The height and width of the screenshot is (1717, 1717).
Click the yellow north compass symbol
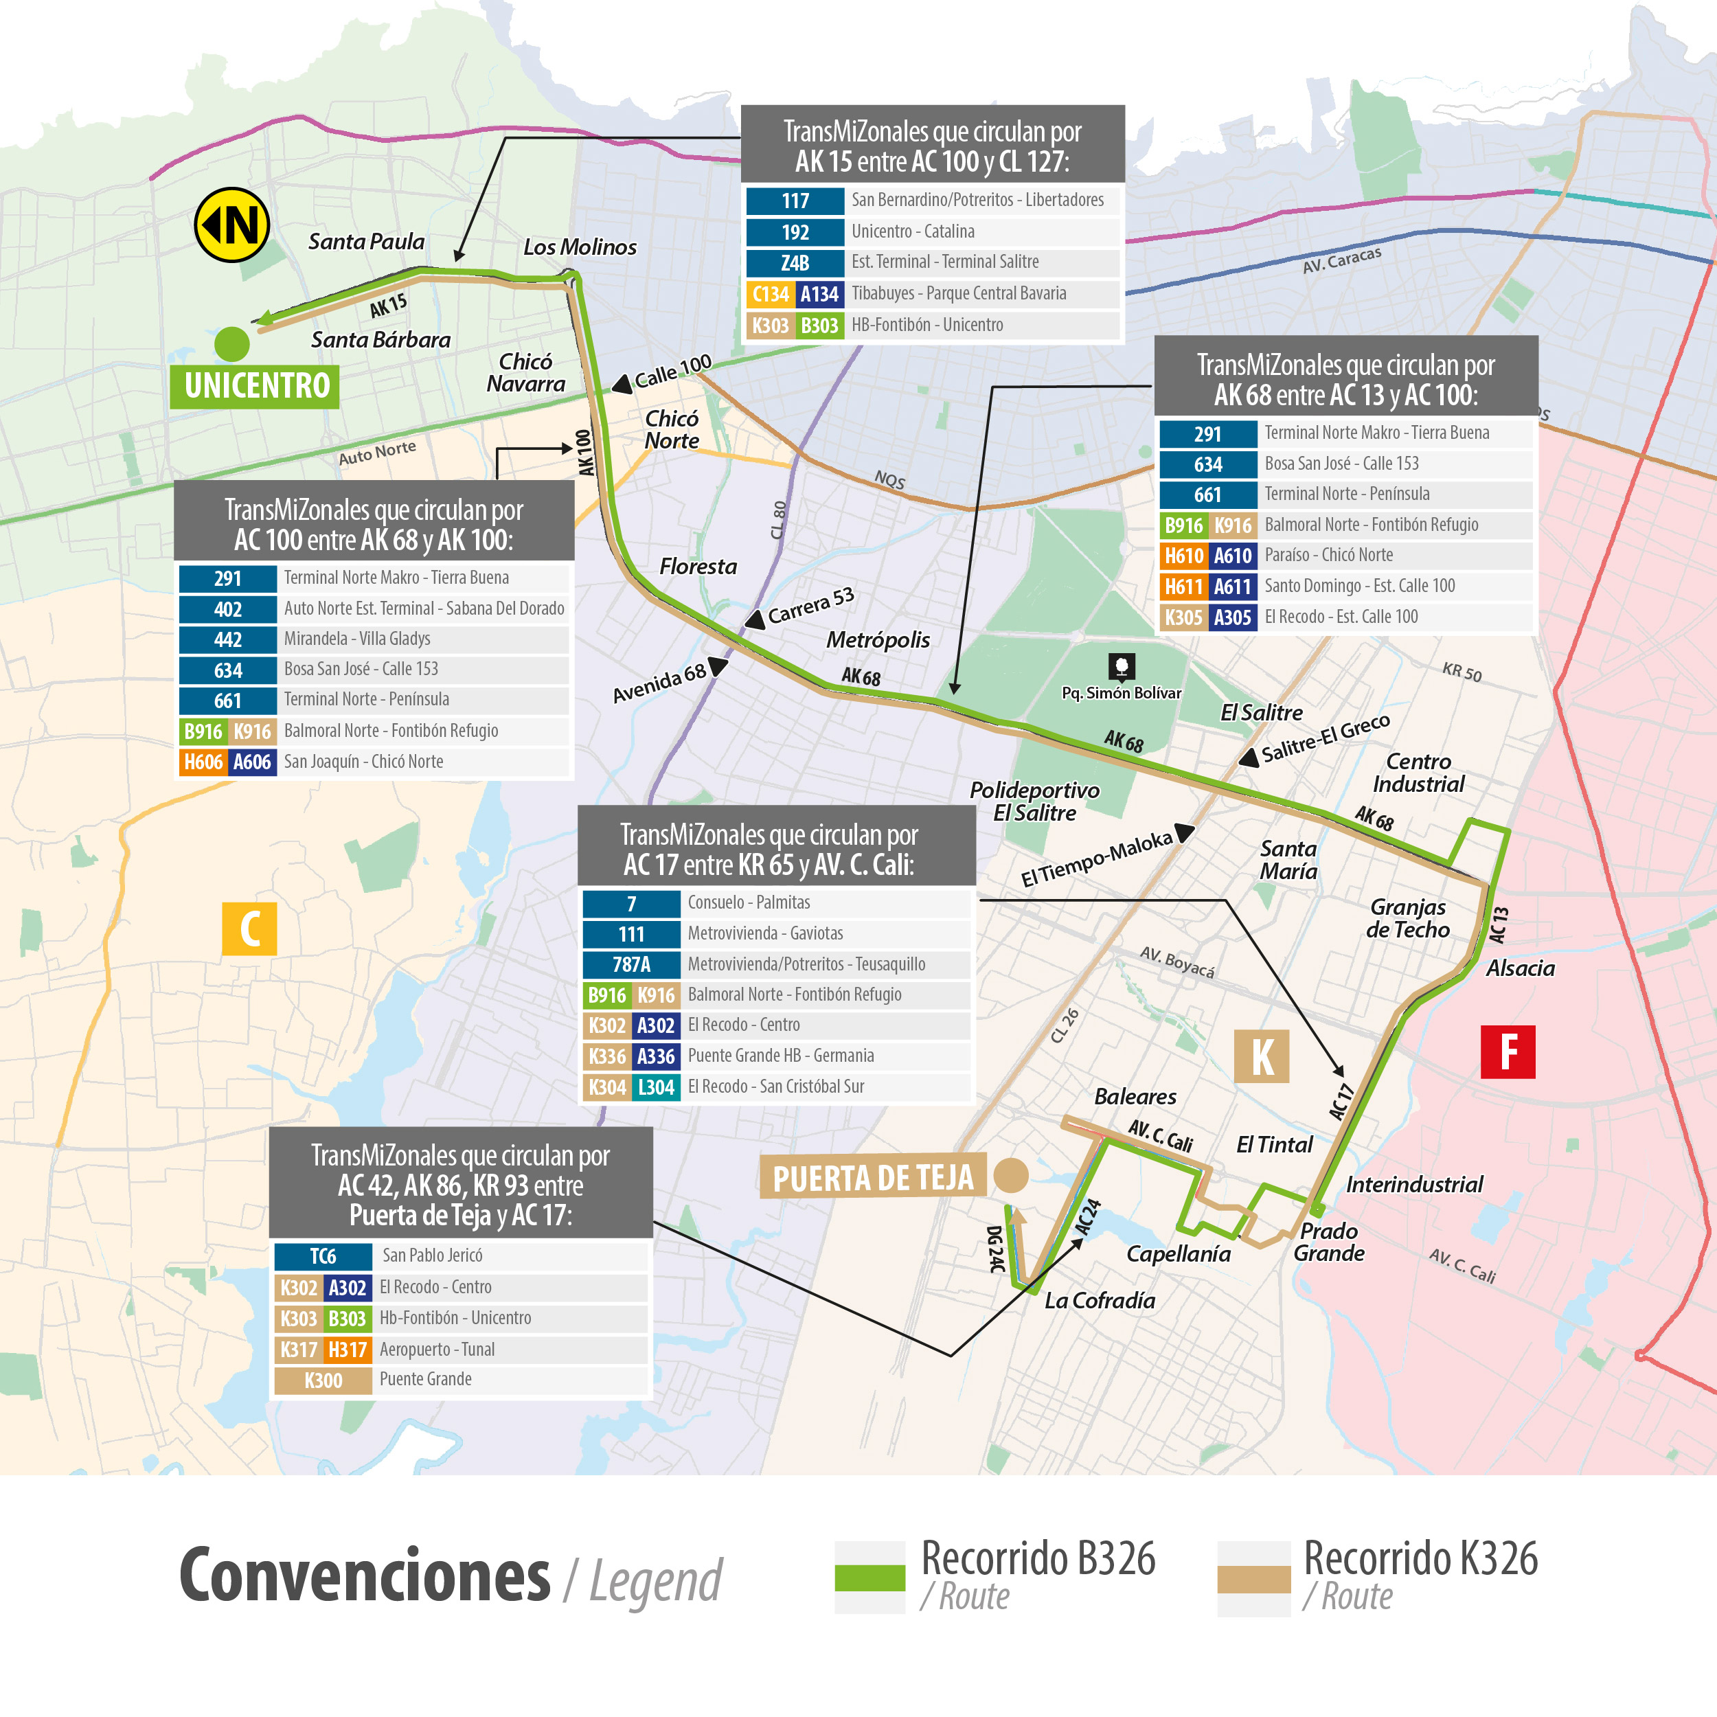(232, 225)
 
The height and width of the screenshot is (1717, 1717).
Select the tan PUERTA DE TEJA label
(873, 1178)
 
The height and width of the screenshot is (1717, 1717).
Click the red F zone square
(1508, 1051)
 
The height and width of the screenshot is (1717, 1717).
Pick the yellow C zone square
(250, 929)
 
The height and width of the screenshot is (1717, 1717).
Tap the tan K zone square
(1261, 1057)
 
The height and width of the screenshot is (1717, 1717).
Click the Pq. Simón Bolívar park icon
(1121, 666)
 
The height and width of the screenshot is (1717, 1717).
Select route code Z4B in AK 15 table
(795, 263)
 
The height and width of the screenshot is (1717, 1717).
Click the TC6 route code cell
(323, 1255)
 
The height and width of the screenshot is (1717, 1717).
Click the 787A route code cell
(631, 964)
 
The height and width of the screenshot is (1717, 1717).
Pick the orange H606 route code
(203, 762)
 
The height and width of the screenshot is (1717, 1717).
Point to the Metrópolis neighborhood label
(878, 640)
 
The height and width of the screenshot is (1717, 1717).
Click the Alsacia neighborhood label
(1520, 968)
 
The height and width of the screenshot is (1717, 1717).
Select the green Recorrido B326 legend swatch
(869, 1578)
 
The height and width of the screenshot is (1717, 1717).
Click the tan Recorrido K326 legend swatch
(1253, 1578)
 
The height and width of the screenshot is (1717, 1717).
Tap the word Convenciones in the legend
(365, 1576)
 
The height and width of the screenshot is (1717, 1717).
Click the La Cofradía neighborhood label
(1100, 1300)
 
